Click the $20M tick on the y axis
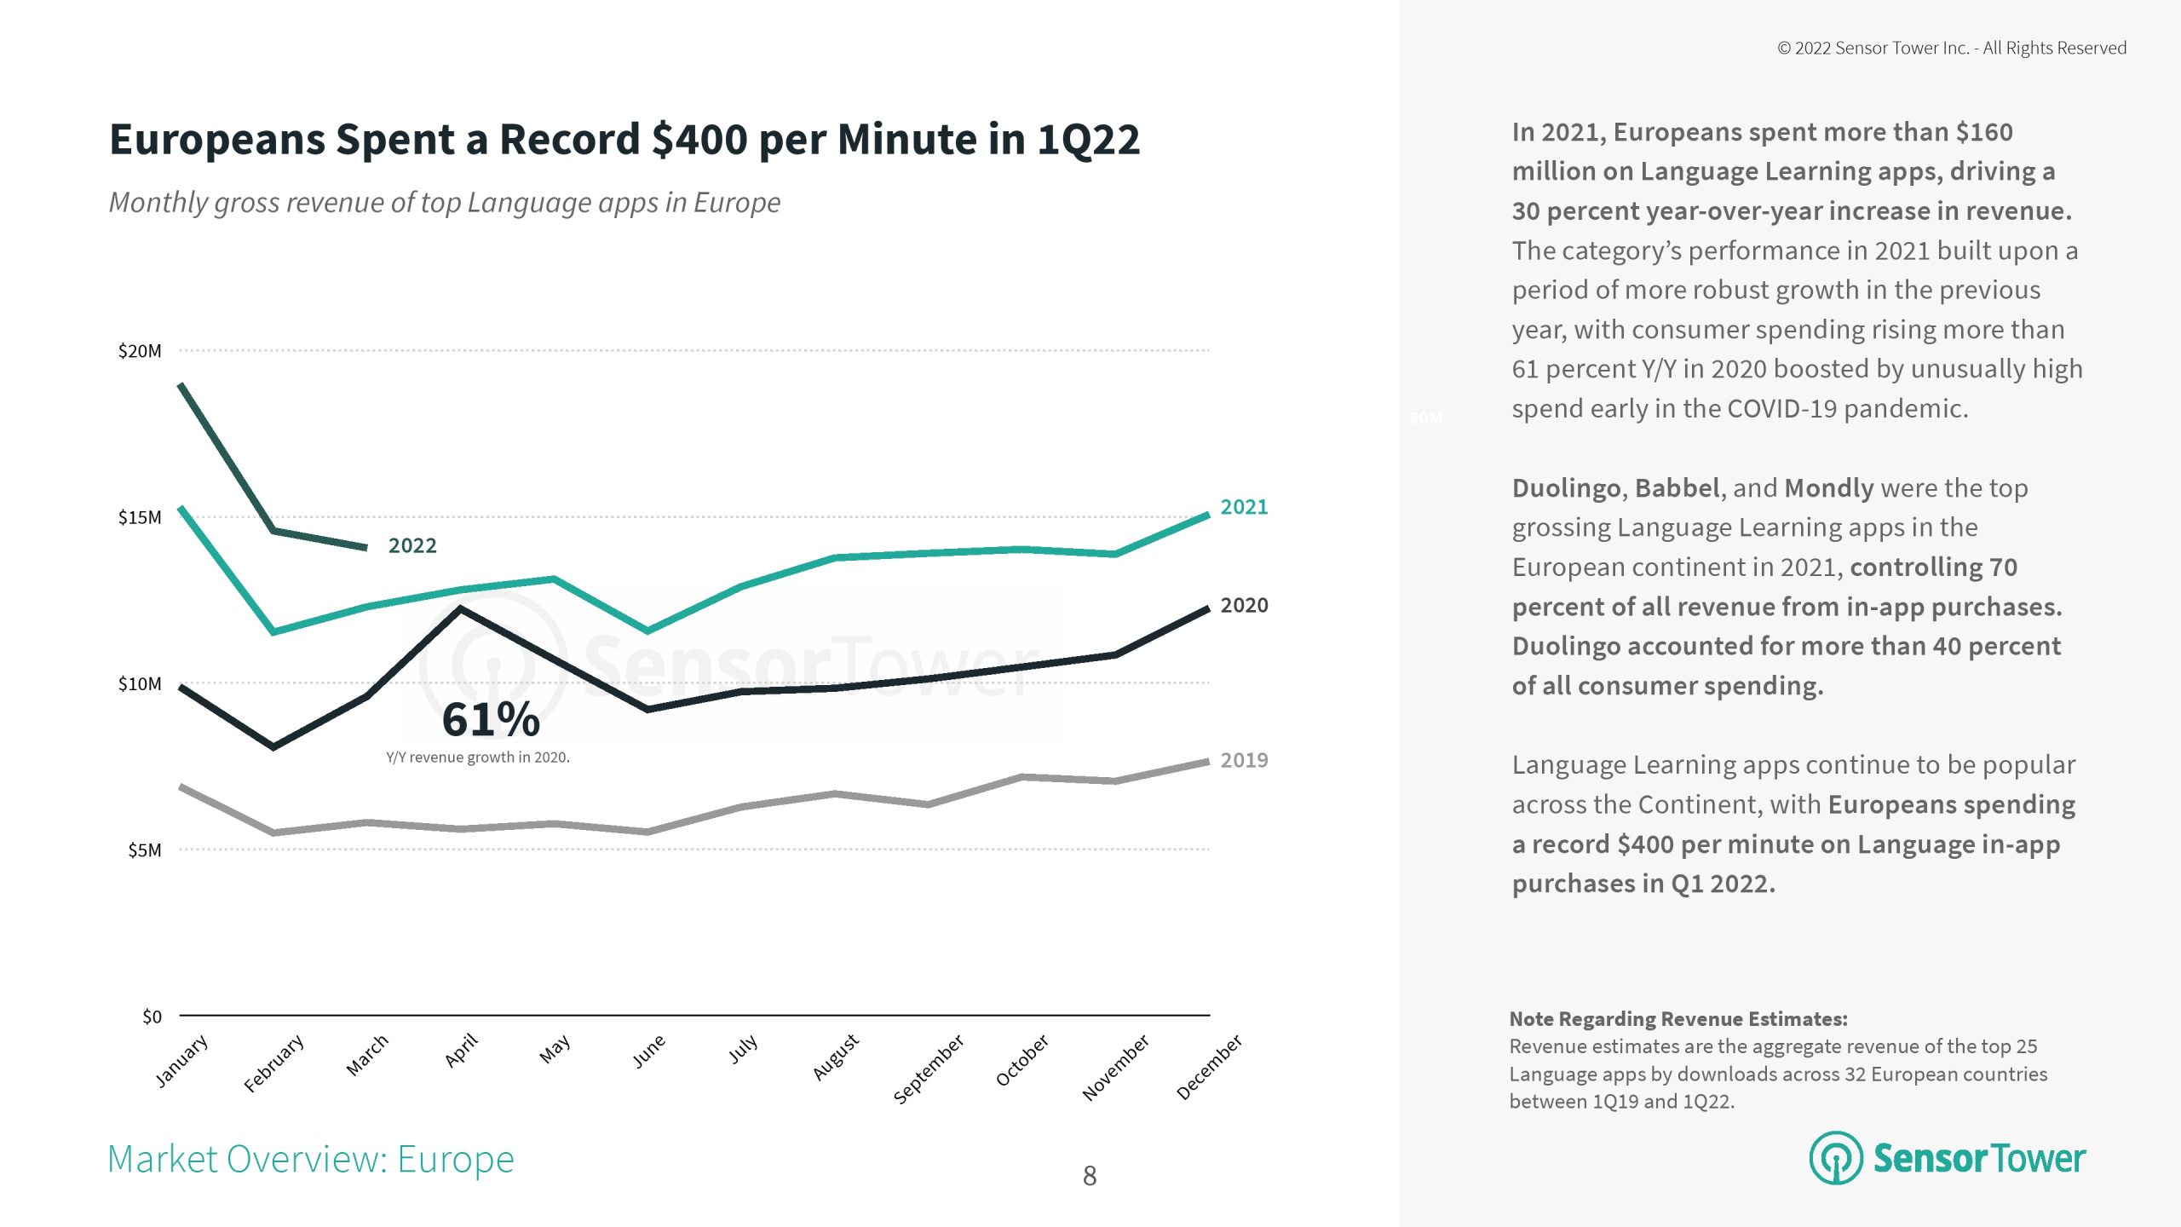(140, 351)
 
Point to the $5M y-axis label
(144, 850)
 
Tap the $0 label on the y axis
(152, 1017)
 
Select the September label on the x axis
(929, 1069)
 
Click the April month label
(461, 1050)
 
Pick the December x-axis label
(1209, 1067)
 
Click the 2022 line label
(412, 545)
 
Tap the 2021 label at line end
(1244, 507)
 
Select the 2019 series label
(1244, 760)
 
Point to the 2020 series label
(1244, 606)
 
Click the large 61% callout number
(491, 719)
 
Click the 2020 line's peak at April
(461, 608)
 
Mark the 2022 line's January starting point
(181, 385)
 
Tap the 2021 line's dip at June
(647, 631)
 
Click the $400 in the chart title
(699, 139)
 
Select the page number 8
(1090, 1176)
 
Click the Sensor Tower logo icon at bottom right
(1836, 1158)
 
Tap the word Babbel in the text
(1677, 488)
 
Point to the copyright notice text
(1952, 49)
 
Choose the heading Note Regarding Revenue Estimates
(1678, 1019)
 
